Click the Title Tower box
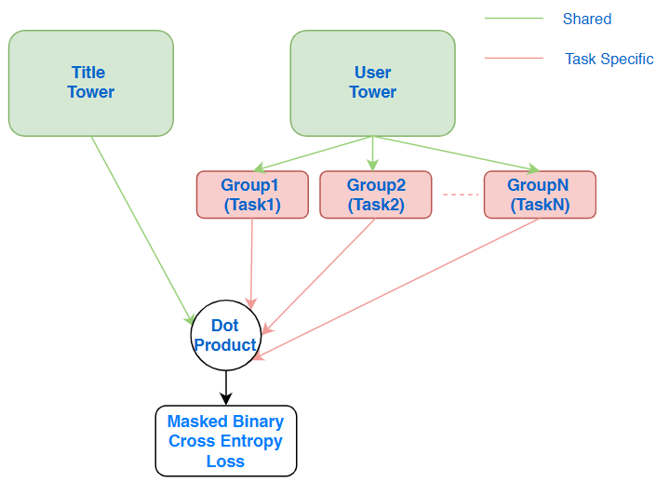point(91,83)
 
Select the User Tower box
point(373,83)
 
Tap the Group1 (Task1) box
point(252,194)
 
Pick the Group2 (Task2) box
point(376,194)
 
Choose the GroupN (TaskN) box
point(540,194)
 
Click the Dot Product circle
point(226,335)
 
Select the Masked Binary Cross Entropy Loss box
point(226,440)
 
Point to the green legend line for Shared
point(514,19)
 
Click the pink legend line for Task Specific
point(514,59)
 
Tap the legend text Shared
point(587,19)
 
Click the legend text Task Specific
point(609,59)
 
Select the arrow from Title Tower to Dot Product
point(142,230)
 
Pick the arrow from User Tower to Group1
point(313,154)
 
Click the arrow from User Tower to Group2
point(373,154)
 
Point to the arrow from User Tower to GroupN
point(456,154)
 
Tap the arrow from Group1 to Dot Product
point(251,263)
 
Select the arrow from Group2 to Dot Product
point(319,276)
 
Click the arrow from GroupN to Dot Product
point(396,288)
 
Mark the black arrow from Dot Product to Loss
point(226,388)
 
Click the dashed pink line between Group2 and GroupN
point(461,194)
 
